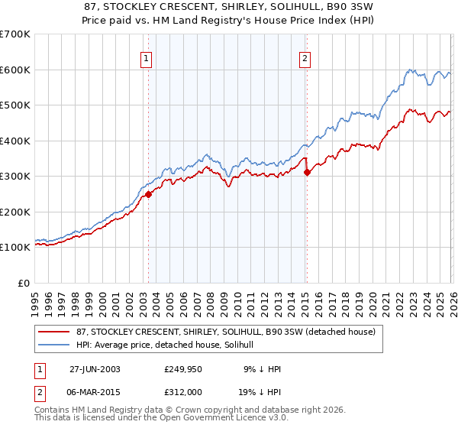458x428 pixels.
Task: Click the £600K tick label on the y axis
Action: (x=15, y=70)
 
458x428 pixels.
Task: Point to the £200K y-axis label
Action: (x=15, y=212)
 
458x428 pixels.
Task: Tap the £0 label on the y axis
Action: (x=24, y=283)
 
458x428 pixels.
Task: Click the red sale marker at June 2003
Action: (x=149, y=194)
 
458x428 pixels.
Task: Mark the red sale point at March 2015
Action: (x=307, y=172)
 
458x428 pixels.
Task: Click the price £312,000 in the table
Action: (x=184, y=391)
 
